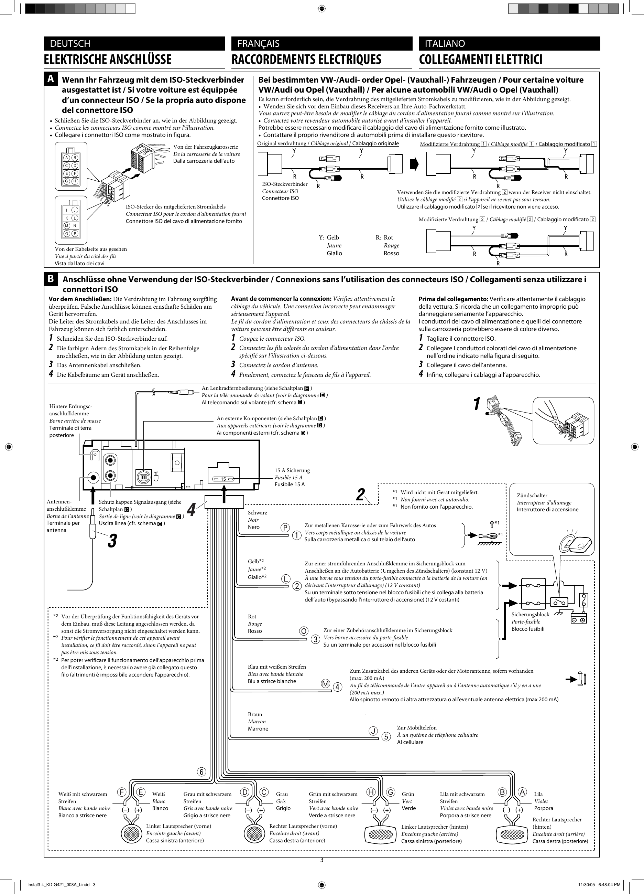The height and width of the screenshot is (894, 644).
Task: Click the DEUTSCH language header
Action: click(70, 43)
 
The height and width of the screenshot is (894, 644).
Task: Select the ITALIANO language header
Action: click(445, 43)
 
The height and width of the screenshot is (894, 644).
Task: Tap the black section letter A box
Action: click(51, 79)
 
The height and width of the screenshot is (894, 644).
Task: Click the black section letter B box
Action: click(51, 279)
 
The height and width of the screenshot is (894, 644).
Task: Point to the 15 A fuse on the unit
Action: click(223, 479)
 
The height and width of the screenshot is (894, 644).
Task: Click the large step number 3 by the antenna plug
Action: click(112, 541)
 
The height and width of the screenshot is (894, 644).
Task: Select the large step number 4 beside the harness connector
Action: click(191, 511)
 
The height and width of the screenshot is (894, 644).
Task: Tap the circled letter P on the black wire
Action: click(285, 528)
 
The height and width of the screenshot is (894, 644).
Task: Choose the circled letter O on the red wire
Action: click(304, 631)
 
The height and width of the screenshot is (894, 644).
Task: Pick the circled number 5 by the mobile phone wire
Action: click(386, 736)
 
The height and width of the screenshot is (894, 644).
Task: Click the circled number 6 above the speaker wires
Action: click(201, 772)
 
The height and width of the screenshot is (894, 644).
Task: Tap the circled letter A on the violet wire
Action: click(522, 792)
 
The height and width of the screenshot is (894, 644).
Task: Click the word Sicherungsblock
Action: click(530, 615)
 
